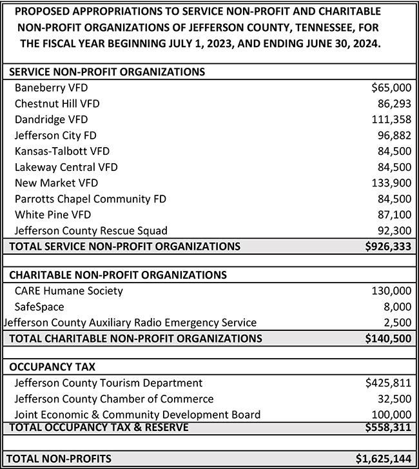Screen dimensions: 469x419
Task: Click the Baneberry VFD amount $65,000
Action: coord(387,88)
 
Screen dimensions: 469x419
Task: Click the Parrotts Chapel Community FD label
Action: coord(90,199)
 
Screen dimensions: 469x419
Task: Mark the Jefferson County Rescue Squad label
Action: coord(91,230)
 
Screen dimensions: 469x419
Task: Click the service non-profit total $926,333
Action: coord(385,246)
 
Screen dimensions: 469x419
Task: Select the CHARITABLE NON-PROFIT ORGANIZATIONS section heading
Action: coord(118,274)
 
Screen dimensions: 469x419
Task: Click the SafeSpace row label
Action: coord(39,306)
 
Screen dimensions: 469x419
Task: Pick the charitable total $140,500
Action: coord(385,337)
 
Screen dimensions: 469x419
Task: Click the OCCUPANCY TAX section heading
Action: coord(52,366)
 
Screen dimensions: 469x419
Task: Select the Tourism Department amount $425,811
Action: coord(387,383)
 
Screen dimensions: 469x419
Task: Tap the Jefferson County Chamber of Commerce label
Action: coord(113,399)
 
